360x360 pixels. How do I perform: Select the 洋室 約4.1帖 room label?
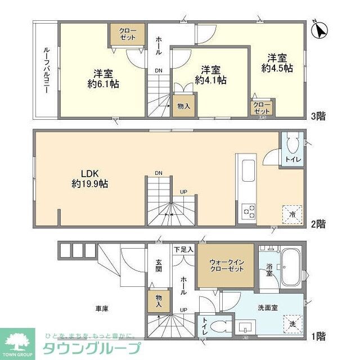coord(211,75)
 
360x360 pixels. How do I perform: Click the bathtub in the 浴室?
coord(290,268)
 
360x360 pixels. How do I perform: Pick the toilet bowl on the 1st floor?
coord(221,326)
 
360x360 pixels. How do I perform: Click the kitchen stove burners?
coord(247,211)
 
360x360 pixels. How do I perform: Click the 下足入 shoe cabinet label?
coord(184,249)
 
